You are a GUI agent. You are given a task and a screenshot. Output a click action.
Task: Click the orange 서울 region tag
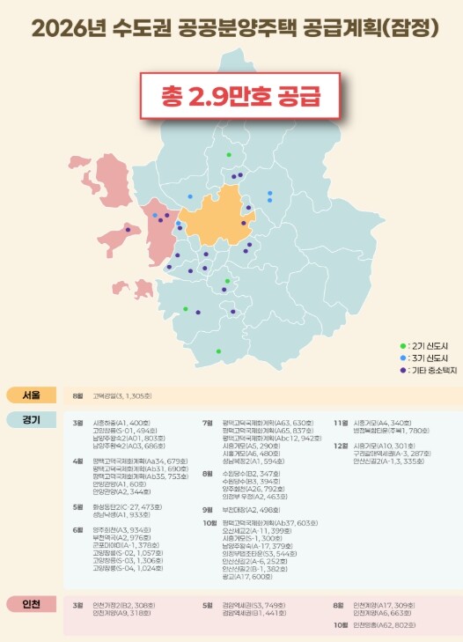pos(30,395)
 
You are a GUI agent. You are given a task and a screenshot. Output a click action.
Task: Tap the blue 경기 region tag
pos(30,418)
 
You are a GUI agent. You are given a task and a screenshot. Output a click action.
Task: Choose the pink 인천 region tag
pos(30,604)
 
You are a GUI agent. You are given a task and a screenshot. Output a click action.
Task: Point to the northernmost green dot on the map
pos(229,155)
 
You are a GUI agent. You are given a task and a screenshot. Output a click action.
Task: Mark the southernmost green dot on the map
pos(218,351)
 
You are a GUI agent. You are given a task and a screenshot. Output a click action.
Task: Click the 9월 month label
pos(208,484)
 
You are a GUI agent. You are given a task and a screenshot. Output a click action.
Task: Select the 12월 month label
pos(340,446)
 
